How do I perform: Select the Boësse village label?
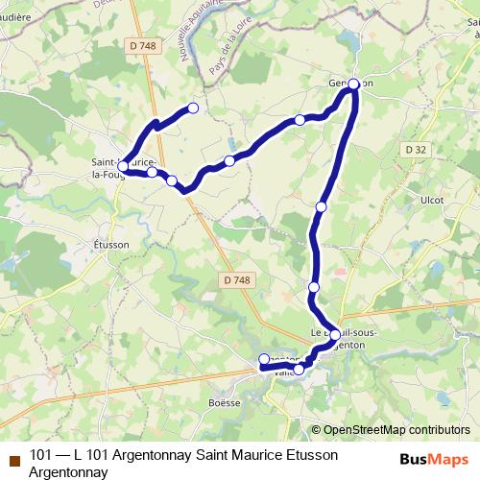tap(224, 403)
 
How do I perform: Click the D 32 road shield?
tap(416, 149)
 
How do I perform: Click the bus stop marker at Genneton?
tap(353, 84)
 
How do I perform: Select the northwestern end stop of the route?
tap(193, 108)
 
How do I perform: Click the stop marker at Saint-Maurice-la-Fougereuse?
tap(123, 166)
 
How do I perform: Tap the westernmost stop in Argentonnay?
tap(264, 360)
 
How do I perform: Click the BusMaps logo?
tap(433, 457)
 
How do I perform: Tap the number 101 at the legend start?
tap(41, 455)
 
